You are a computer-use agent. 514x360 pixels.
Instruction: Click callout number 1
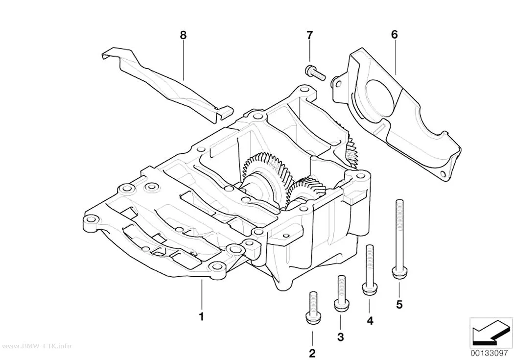coord(202,317)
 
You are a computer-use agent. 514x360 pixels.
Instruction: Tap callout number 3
coord(341,336)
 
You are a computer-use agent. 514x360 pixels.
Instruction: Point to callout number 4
coord(370,321)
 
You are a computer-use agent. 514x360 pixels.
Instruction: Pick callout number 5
coord(399,305)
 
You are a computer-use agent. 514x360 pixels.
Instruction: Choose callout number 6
coord(394,34)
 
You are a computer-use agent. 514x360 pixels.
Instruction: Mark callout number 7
coord(309,34)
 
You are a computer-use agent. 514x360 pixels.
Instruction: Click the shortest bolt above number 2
coord(313,306)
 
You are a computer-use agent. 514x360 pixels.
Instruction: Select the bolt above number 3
coord(341,291)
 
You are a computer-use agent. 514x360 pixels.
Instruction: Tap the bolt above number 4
coord(370,269)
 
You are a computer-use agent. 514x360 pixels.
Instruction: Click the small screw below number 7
coord(315,72)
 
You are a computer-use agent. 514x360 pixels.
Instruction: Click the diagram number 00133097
coord(490,354)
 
